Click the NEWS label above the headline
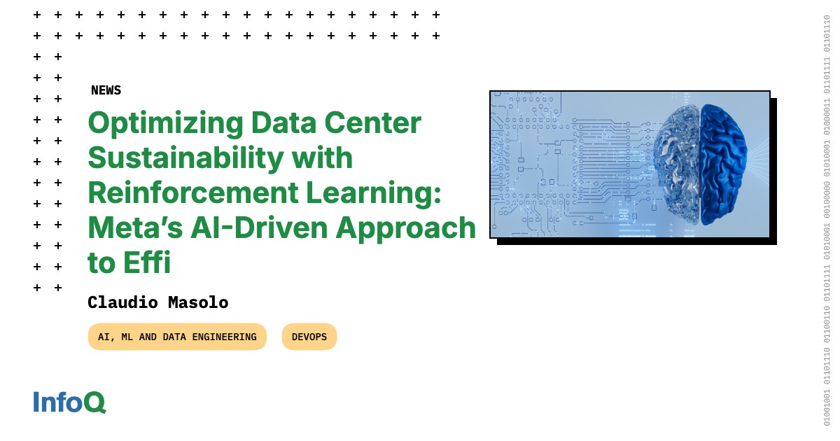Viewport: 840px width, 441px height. [x=106, y=90]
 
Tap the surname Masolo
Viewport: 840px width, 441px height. [x=199, y=302]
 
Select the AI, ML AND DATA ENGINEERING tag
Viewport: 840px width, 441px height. [x=177, y=337]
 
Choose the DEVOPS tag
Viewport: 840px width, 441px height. [x=309, y=337]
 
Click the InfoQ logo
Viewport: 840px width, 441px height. [x=69, y=402]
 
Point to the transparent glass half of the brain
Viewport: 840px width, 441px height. [x=675, y=164]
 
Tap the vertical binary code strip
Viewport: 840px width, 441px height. [x=827, y=220]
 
